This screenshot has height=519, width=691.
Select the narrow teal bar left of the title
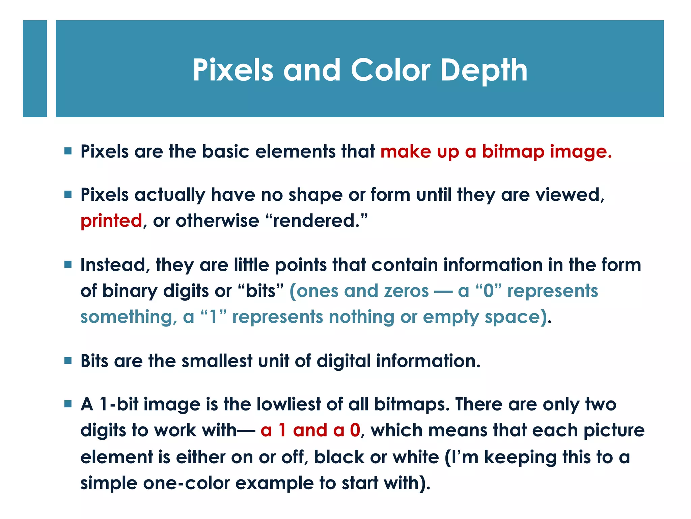click(x=35, y=69)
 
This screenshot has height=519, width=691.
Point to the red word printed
click(x=111, y=221)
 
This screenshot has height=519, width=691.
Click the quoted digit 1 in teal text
click(x=213, y=317)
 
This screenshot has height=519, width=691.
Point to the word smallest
click(x=217, y=361)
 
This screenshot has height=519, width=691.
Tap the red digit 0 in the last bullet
click(x=355, y=430)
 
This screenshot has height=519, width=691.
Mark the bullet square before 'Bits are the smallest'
click(x=68, y=361)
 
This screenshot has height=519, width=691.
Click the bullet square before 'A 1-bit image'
click(x=68, y=404)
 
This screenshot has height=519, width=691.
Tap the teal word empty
click(x=451, y=317)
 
